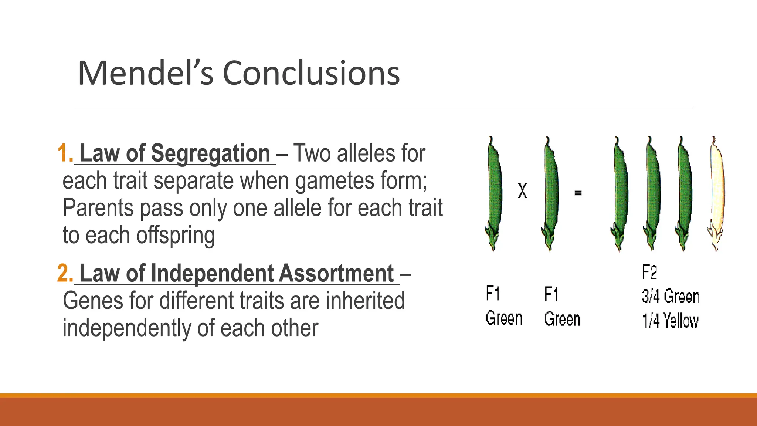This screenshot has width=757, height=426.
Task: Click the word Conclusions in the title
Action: [311, 73]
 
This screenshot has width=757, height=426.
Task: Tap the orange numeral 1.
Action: [65, 153]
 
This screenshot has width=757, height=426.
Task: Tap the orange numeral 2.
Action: [65, 274]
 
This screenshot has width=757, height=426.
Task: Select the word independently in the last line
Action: [127, 328]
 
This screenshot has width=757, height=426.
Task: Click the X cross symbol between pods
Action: [522, 191]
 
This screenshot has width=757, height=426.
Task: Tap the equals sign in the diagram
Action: [578, 193]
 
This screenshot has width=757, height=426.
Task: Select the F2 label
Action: [649, 273]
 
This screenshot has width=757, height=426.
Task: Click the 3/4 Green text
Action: [670, 297]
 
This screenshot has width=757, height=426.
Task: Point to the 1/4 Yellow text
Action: [670, 321]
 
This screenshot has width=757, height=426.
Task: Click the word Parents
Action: [98, 208]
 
